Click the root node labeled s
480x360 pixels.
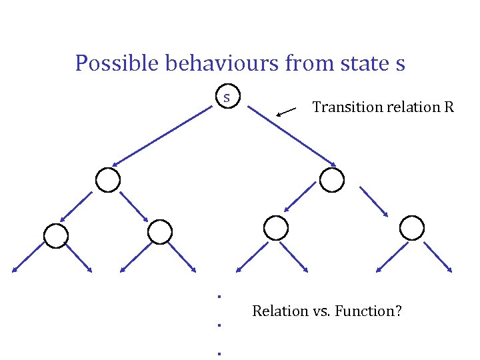227,97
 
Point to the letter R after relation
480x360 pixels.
447,107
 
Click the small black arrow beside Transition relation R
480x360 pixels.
287,111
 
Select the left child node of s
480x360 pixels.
108,180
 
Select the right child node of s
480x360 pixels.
332,180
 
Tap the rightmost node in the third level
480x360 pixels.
412,228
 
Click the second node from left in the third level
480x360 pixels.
160,231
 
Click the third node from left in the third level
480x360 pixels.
276,228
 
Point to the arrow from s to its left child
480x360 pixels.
163,137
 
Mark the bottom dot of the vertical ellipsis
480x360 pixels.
219,353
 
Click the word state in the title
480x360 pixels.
353,63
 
